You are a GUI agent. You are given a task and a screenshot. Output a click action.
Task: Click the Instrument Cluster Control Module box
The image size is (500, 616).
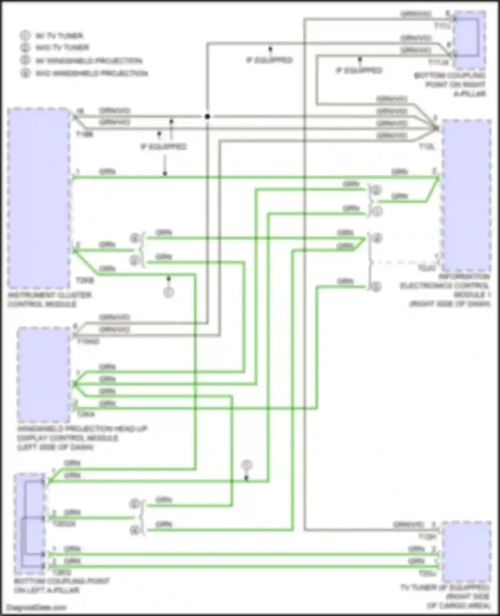tap(39, 198)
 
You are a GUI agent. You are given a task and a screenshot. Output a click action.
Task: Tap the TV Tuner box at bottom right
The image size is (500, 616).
tap(466, 552)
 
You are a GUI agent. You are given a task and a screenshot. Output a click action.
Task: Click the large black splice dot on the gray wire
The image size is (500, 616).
tap(207, 116)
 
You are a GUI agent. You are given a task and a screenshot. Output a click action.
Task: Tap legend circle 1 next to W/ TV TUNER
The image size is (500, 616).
tap(25, 35)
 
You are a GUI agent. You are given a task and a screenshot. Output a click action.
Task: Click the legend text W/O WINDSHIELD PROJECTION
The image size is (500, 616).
tap(92, 73)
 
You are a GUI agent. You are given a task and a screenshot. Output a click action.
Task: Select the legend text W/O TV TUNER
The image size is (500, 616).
tap(62, 48)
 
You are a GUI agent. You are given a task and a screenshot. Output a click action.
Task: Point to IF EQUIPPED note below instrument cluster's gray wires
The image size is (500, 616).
tap(163, 147)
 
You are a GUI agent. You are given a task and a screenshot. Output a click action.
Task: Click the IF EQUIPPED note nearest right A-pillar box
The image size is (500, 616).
tap(359, 71)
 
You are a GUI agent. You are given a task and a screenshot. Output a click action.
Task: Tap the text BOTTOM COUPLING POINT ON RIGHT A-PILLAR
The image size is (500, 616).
tap(450, 85)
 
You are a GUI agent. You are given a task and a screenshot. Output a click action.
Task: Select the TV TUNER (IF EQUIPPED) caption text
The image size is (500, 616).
tap(445, 587)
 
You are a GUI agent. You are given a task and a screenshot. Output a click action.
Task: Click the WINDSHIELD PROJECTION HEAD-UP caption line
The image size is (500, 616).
tap(82, 429)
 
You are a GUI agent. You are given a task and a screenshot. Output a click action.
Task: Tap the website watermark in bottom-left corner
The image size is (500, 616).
tap(37, 608)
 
